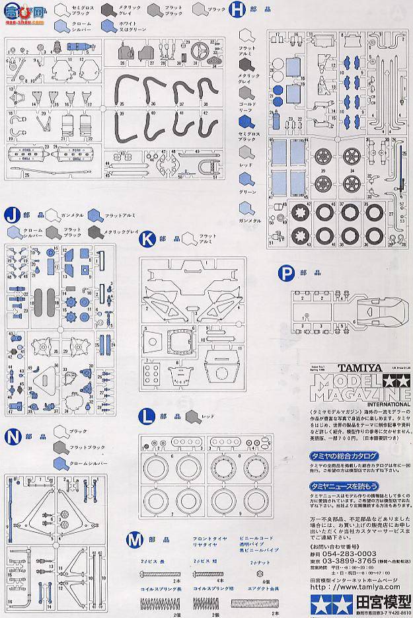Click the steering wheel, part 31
point(199,50)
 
